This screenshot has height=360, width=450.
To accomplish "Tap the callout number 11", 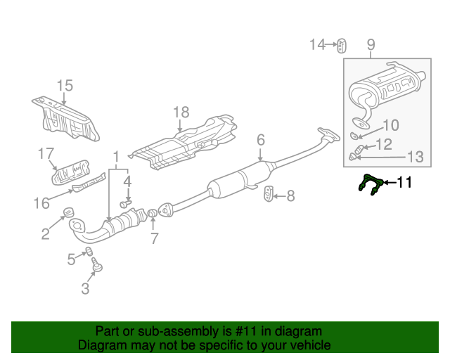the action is click(404, 183).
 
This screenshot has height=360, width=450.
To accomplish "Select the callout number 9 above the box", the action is click(371, 45).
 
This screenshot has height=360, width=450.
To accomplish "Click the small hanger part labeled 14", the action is click(341, 46).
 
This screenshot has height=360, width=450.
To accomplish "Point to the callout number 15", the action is click(65, 86).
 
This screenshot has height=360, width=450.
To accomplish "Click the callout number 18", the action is click(181, 112).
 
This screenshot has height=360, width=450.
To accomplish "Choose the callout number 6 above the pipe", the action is click(261, 140).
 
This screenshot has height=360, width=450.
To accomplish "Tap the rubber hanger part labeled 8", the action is click(269, 194).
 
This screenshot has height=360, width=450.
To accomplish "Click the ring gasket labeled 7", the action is click(153, 213).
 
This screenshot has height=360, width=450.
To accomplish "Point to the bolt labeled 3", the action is click(97, 264).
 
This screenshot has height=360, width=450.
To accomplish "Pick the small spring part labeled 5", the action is click(89, 252).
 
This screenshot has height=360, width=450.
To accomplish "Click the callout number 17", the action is click(46, 153).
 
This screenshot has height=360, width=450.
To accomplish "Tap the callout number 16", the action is click(41, 203).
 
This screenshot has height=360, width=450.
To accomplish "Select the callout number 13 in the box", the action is click(415, 157).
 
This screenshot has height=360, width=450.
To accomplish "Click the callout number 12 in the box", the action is click(384, 144).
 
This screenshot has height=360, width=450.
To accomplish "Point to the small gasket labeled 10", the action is click(354, 135).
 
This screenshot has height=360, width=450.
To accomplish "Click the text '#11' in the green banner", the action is click(247, 332).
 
